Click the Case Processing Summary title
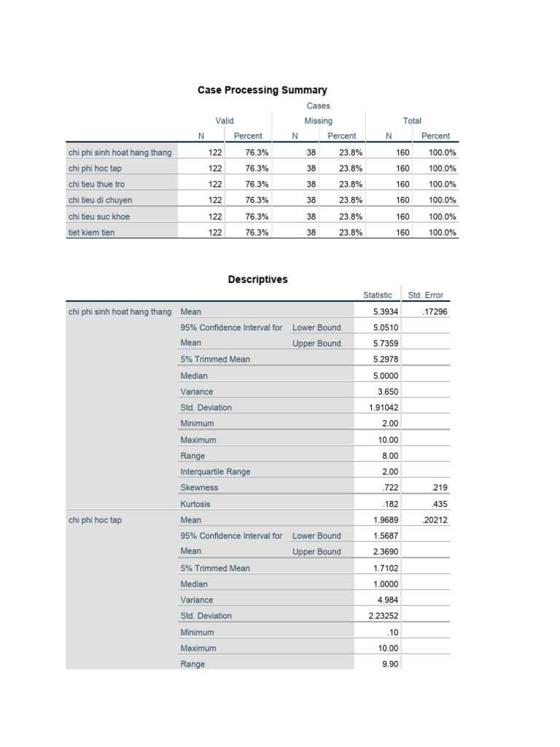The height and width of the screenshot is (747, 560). point(262,90)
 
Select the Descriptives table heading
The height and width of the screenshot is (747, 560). point(257,279)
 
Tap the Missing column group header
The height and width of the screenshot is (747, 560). point(318,121)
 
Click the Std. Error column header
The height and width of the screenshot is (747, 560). point(425,295)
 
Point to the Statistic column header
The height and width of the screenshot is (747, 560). point(378,295)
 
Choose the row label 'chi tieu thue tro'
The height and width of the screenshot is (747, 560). point(96,184)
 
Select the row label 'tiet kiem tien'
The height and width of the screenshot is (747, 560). point(91,232)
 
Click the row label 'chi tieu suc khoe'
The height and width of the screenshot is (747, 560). point(99,216)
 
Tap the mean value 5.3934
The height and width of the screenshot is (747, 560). point(386,311)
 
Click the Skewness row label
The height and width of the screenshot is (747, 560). point(199,487)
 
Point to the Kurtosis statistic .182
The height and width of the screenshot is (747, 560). point(392,504)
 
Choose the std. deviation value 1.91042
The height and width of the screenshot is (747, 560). point(384,408)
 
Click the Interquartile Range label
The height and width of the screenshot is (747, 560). point(215,471)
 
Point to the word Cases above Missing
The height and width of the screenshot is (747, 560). point(318,106)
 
